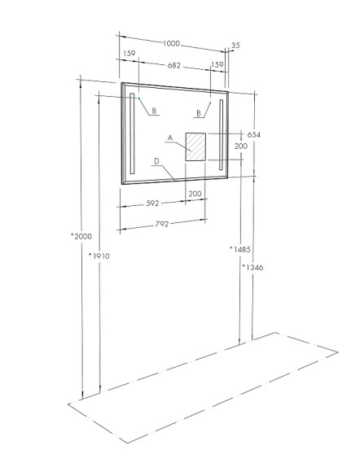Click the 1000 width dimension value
click(171, 44)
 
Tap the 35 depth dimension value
click(235, 46)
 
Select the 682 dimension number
click(173, 65)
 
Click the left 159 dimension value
click(130, 54)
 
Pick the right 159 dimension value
click(217, 65)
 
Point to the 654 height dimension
click(253, 134)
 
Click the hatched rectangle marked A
click(195, 147)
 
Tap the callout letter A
click(170, 138)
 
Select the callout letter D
click(156, 161)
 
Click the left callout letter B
click(154, 111)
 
